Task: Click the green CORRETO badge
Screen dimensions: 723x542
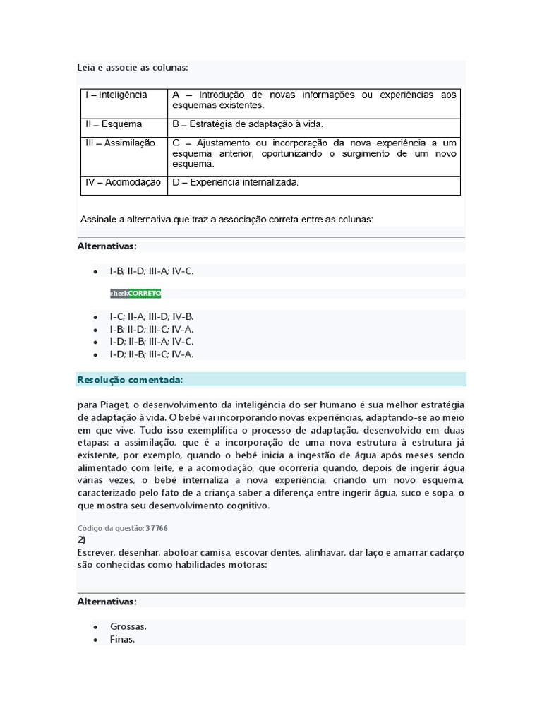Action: tap(144, 293)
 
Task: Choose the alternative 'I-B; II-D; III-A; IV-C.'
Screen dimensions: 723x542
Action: tap(151, 270)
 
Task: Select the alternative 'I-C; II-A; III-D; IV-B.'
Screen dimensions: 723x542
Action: tap(151, 316)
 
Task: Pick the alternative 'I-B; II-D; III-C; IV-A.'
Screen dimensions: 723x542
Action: tap(151, 329)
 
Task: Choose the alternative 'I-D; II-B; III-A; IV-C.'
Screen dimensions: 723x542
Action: tap(151, 342)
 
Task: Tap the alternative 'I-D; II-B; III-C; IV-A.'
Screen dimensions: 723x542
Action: tap(151, 354)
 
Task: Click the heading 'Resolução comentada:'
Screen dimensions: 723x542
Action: tap(130, 380)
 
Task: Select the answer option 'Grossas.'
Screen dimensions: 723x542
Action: tap(128, 626)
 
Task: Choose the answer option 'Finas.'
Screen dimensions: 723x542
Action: tap(122, 640)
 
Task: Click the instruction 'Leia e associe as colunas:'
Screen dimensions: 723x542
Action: tap(133, 68)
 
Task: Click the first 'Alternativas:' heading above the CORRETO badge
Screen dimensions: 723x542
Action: tap(107, 246)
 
